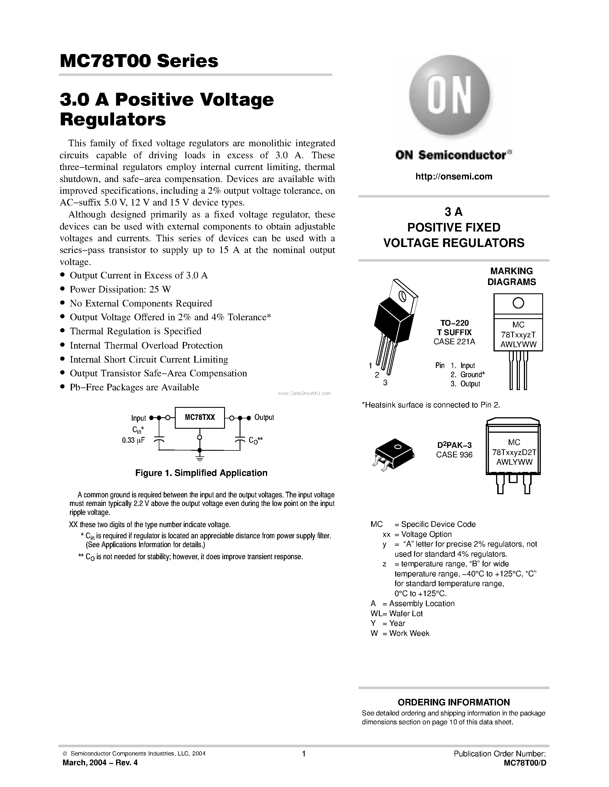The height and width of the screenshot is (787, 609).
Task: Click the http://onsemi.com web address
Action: (x=453, y=177)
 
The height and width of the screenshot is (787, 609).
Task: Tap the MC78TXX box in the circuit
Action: (x=199, y=418)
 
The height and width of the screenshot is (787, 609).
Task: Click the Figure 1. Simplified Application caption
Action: (x=201, y=473)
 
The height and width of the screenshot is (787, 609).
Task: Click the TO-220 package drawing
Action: (x=394, y=326)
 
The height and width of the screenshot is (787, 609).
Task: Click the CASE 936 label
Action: (x=454, y=455)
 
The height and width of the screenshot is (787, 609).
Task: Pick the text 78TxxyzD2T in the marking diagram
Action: (x=514, y=452)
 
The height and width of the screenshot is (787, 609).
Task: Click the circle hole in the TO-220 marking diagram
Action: (x=518, y=303)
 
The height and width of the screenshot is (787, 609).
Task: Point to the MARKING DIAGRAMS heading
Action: (x=511, y=276)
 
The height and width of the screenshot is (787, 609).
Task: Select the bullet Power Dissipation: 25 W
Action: (x=120, y=289)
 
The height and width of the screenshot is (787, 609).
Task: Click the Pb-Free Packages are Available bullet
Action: (x=134, y=387)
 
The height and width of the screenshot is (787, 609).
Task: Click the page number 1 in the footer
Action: (x=304, y=754)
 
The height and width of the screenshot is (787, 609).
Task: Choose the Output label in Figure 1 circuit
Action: (x=264, y=417)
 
